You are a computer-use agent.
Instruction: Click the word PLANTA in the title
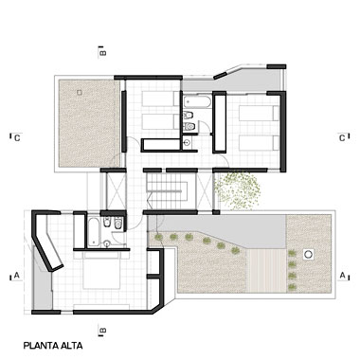40,346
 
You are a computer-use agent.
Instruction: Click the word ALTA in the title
71,346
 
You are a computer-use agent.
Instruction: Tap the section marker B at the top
102,52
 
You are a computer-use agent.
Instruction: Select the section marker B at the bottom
102,331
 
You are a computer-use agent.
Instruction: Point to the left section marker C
17,138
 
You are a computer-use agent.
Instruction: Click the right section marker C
342,138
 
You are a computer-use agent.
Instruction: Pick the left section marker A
17,276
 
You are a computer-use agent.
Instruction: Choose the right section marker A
342,276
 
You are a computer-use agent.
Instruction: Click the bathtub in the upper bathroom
198,102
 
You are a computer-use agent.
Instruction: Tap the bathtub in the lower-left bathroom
93,232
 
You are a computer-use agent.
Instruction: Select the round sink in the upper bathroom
187,143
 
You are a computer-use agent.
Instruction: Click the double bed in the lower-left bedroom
101,270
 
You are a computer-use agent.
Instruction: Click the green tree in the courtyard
238,190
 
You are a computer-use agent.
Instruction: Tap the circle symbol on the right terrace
309,254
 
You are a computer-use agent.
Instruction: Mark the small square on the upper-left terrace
80,93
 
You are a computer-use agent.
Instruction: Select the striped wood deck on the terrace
266,271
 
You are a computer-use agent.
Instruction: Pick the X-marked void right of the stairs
204,191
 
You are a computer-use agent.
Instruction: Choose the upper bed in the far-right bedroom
259,113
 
